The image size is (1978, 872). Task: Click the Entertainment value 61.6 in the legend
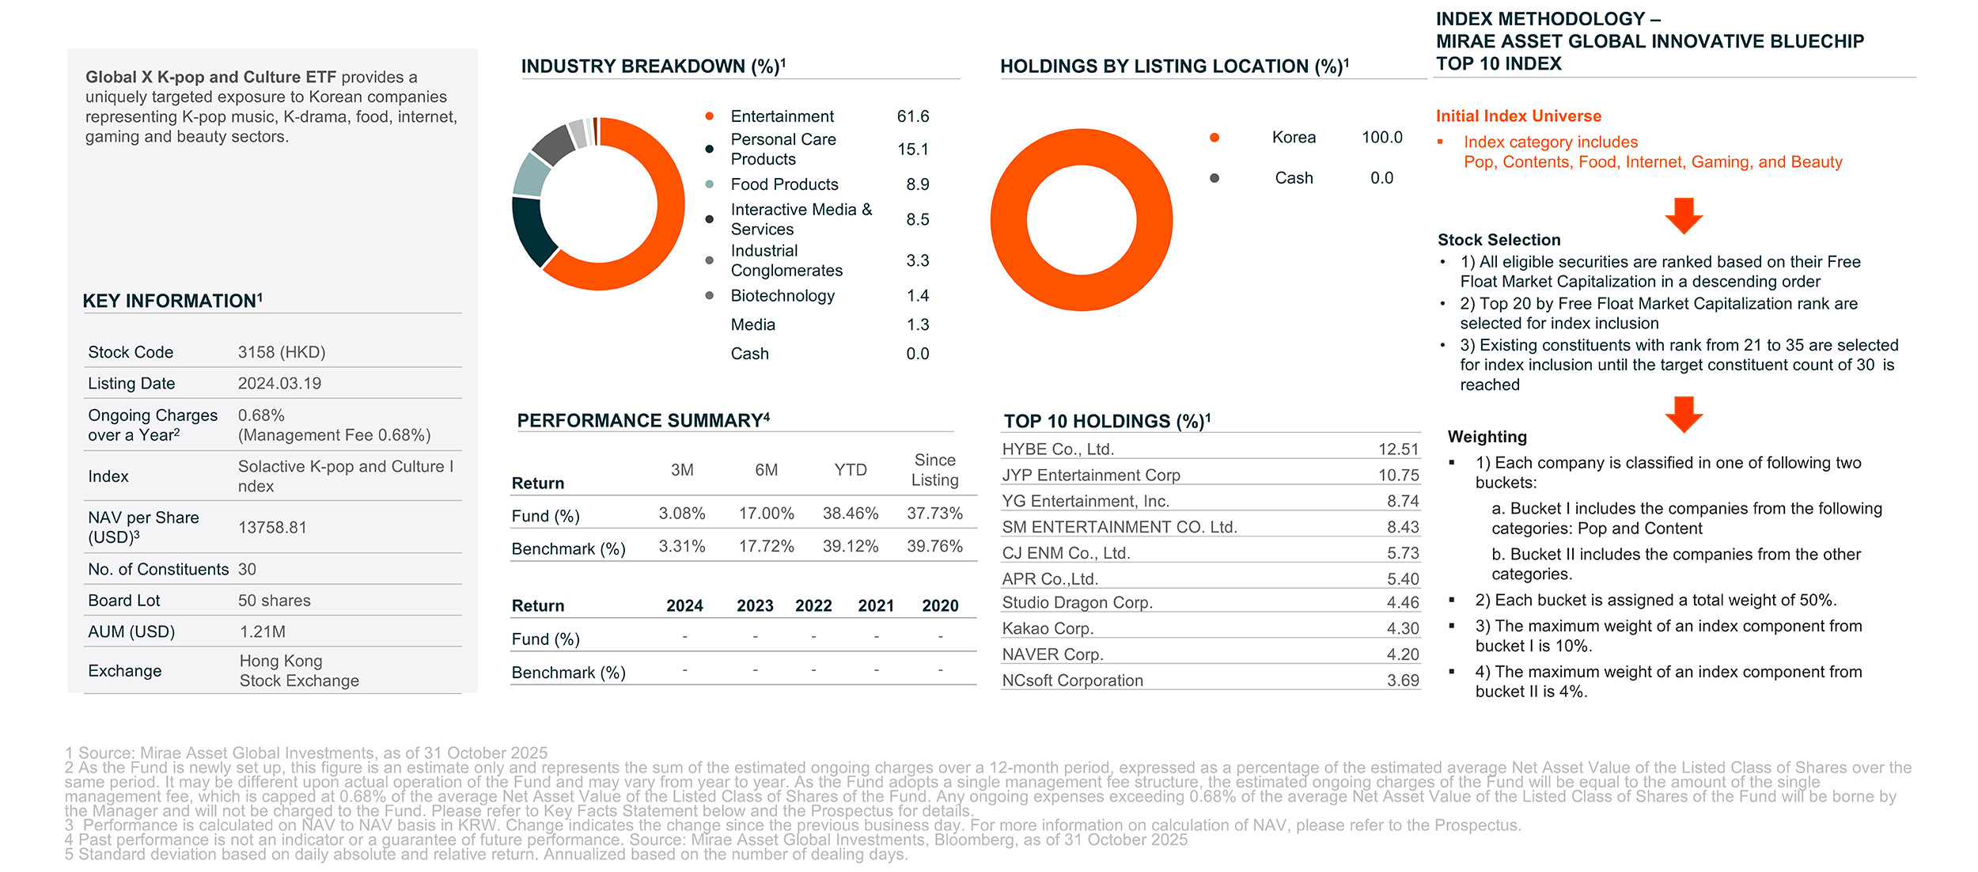[912, 116]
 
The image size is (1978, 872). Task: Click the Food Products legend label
[784, 184]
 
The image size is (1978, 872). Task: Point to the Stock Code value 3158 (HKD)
[282, 352]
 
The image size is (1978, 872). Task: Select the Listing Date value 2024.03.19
[279, 384]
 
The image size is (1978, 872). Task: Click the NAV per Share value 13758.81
[272, 528]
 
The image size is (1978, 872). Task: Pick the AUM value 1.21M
[263, 632]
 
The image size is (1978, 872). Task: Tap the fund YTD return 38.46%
[851, 514]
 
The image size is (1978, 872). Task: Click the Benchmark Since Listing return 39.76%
[934, 547]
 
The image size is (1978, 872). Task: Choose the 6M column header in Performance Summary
[766, 470]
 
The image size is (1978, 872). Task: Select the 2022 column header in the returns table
[813, 606]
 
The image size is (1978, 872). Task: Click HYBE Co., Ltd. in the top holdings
[1058, 449]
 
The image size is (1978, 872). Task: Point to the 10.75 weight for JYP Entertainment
[1398, 476]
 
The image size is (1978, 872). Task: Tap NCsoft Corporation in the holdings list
[1072, 681]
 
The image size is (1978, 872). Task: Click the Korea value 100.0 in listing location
[1381, 138]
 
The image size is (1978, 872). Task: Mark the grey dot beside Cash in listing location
[1214, 178]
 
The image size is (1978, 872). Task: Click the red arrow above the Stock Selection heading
[1684, 215]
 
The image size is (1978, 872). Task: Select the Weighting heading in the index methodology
[1487, 437]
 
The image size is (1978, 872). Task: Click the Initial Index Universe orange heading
[1518, 116]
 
